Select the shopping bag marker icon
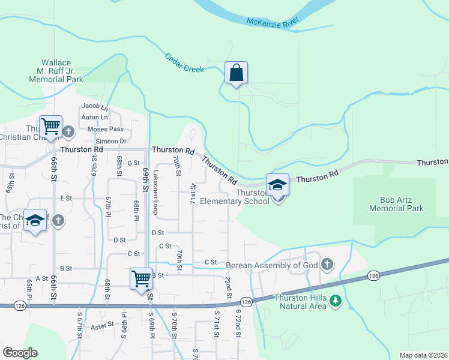[237, 73]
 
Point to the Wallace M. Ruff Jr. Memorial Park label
[58, 71]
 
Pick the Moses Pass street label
[105, 129]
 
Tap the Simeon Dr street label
[107, 141]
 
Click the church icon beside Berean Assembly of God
[327, 264]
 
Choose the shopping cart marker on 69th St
[141, 278]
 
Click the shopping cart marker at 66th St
[51, 126]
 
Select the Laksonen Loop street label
[154, 191]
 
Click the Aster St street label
[102, 325]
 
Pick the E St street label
[65, 197]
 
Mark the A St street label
[41, 278]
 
